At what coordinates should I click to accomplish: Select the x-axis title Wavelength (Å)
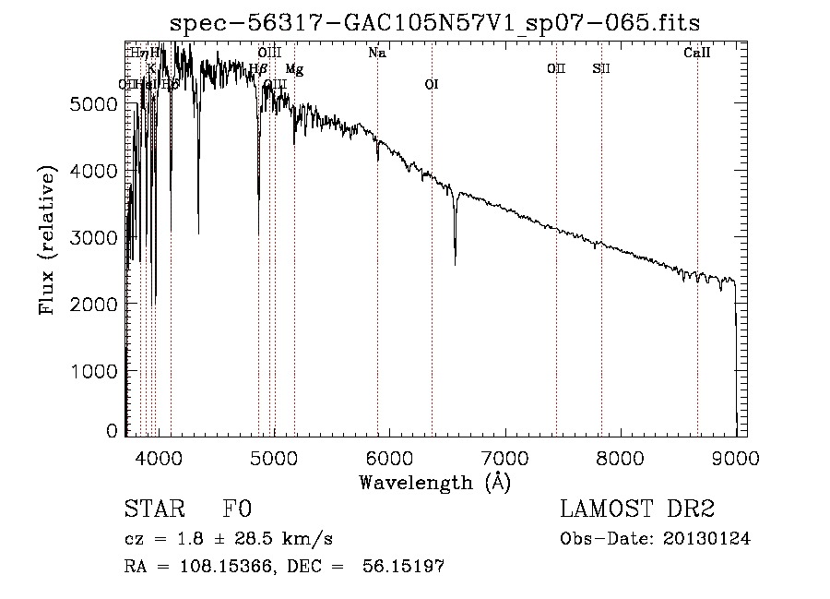tap(433, 482)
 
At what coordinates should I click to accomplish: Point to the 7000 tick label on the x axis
tap(504, 457)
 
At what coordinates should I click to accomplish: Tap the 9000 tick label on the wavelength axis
tap(735, 457)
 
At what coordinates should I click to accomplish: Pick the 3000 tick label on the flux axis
tap(93, 237)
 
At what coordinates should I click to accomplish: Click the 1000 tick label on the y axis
tap(93, 370)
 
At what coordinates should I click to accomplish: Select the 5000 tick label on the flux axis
tap(93, 104)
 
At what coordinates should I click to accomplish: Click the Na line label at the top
tap(376, 54)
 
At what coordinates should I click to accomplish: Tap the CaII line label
tap(696, 54)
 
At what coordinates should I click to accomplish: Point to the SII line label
tap(601, 68)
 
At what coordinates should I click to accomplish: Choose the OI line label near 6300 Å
tap(431, 84)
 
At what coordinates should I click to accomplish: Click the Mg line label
tap(294, 69)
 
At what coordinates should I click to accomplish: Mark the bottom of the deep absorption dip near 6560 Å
tap(455, 265)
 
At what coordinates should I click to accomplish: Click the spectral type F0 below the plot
tap(237, 509)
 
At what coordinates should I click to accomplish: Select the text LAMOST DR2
tap(636, 509)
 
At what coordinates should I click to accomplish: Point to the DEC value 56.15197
tap(407, 567)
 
